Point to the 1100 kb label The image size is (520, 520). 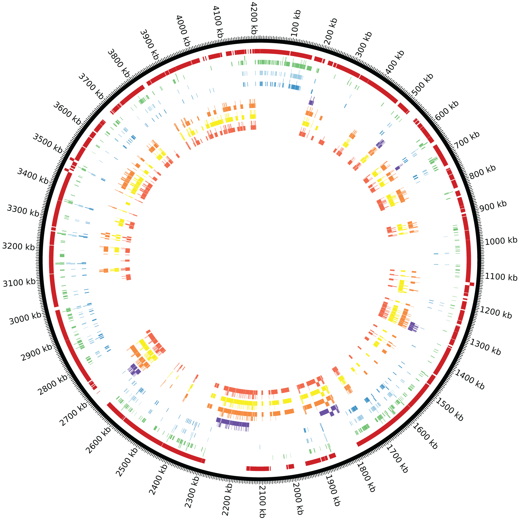point(501,277)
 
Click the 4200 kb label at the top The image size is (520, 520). point(253,18)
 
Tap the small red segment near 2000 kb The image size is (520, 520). point(290,467)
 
